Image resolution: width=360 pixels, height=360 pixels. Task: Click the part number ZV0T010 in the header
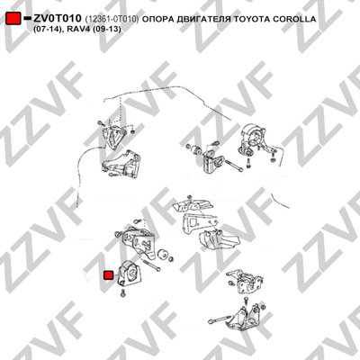57,19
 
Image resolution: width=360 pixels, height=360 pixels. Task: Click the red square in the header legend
13,19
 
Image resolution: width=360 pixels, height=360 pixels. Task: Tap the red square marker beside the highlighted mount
108,275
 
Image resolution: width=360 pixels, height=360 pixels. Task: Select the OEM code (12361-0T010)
112,20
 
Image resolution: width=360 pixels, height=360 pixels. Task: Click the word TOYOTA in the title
251,19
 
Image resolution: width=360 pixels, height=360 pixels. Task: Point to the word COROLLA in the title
294,19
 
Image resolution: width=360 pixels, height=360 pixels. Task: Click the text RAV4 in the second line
83,30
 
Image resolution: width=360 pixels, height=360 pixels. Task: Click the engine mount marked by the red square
129,274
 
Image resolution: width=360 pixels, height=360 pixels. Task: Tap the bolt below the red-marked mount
123,292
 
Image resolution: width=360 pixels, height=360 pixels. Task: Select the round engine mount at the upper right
254,139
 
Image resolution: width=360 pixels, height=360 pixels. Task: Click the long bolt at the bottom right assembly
220,319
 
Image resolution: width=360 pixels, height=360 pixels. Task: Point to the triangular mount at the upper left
113,138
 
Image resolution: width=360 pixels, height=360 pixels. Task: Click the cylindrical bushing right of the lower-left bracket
162,254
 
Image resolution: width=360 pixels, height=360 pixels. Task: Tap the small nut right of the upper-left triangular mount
133,131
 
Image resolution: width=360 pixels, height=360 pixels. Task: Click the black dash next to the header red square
27,19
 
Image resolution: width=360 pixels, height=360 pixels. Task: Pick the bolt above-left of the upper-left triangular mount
100,123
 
